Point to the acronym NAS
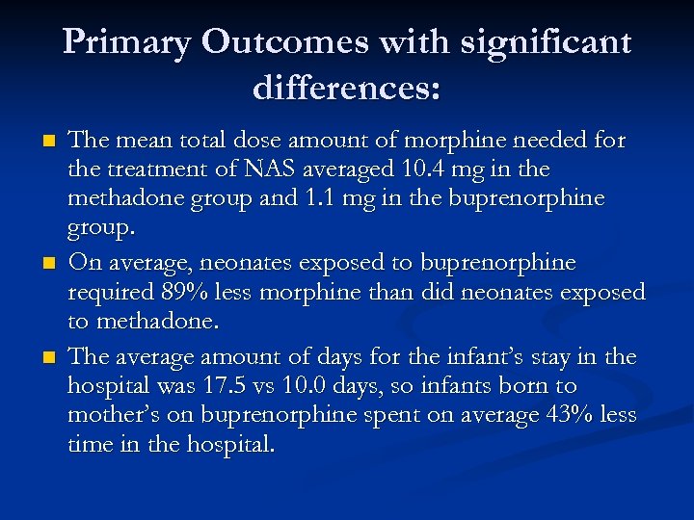pyautogui.click(x=269, y=170)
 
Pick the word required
pyautogui.click(x=106, y=293)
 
